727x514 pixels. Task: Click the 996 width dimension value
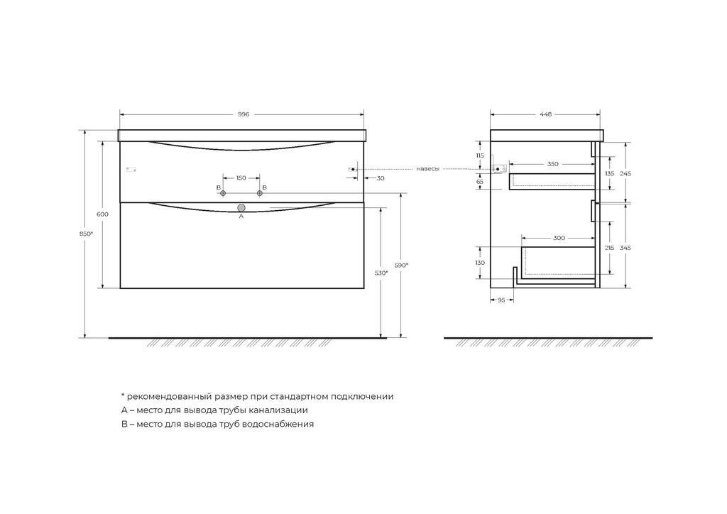click(244, 114)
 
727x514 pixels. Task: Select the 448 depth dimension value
click(546, 114)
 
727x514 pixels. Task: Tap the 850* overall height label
click(86, 234)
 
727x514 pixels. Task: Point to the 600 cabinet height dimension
click(102, 214)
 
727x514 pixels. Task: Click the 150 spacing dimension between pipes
click(241, 178)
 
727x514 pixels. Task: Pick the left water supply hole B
click(223, 193)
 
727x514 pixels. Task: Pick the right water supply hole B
click(259, 193)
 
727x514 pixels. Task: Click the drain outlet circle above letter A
click(241, 207)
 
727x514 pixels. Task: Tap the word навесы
click(427, 169)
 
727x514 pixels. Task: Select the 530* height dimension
click(381, 273)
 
